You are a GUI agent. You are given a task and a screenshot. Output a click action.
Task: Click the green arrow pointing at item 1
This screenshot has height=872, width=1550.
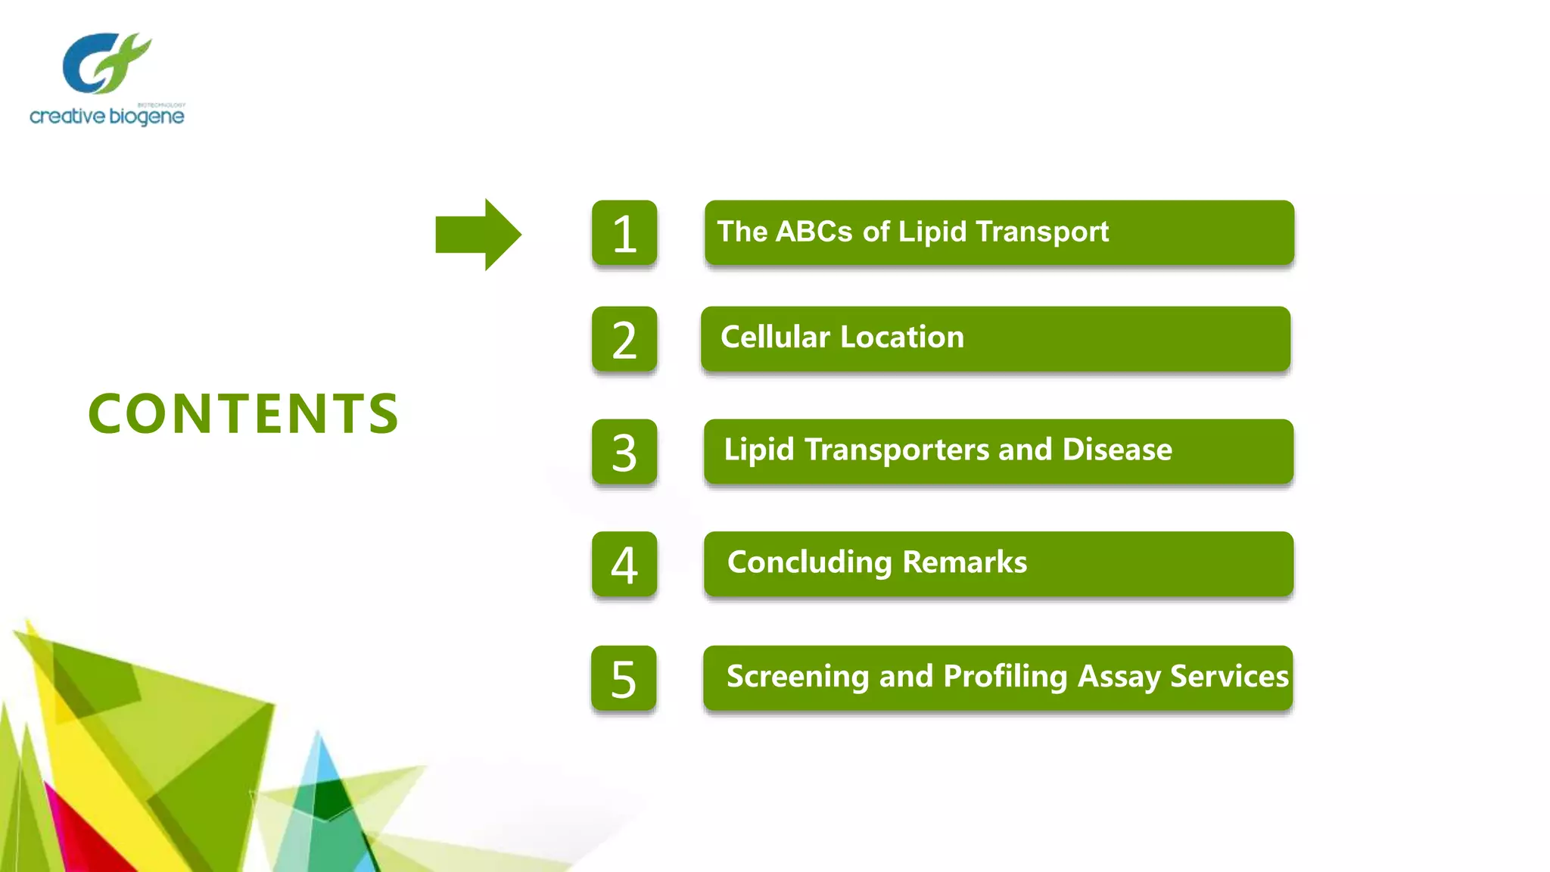tap(477, 235)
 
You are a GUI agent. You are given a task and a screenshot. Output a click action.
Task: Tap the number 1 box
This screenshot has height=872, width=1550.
tap(624, 233)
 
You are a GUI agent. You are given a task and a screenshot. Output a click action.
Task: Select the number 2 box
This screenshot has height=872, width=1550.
tap(624, 339)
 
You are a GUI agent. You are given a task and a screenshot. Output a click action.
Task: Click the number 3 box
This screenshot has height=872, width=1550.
tap(624, 452)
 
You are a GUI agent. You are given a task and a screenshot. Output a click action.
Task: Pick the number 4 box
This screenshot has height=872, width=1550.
tap(624, 565)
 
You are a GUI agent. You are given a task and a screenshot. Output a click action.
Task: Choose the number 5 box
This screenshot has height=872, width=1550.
tap(624, 678)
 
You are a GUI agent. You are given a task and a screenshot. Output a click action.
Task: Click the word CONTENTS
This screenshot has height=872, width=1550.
tap(244, 414)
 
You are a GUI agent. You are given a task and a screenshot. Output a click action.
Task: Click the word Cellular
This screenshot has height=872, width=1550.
tap(775, 337)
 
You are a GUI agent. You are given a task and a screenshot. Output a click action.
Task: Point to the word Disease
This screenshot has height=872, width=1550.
tap(1117, 450)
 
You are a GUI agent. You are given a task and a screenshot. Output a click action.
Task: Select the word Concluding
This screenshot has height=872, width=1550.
tap(810, 562)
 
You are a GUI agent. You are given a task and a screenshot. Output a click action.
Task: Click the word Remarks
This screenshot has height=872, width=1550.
tap(964, 562)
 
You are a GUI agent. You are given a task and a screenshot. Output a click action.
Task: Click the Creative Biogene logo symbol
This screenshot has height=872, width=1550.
tap(106, 62)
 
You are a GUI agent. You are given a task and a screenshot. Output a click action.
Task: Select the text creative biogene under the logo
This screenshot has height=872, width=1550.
tap(107, 117)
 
